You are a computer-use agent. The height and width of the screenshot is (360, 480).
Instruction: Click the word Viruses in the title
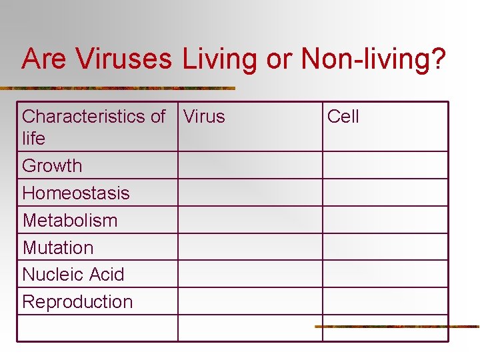tap(125, 59)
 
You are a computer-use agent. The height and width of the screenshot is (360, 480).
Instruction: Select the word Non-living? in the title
tap(373, 59)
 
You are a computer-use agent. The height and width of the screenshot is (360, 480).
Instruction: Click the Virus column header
tap(204, 117)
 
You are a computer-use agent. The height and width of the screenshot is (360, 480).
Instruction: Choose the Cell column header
tap(343, 117)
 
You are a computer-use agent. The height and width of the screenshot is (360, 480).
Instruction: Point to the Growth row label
tap(52, 165)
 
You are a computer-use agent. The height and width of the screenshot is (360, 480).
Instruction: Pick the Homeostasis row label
tap(76, 193)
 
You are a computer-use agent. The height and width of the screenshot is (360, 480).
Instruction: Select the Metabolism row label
tap(70, 220)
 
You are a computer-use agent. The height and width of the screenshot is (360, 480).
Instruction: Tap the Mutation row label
tap(58, 247)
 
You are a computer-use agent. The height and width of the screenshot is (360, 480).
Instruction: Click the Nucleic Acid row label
tap(73, 274)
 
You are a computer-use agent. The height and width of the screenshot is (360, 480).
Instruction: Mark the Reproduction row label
tap(77, 301)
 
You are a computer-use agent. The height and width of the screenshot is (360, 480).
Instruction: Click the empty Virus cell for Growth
tap(250, 165)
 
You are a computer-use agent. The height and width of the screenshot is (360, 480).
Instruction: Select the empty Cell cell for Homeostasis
tap(385, 193)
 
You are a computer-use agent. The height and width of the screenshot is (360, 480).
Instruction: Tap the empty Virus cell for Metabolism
tap(250, 220)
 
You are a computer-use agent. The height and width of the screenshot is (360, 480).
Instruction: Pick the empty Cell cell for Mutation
tap(385, 247)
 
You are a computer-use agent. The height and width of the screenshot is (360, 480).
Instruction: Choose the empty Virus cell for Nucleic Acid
tap(250, 274)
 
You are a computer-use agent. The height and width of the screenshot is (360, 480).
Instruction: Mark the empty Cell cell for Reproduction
tap(385, 301)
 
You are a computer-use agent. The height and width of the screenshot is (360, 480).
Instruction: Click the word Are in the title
tap(45, 59)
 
